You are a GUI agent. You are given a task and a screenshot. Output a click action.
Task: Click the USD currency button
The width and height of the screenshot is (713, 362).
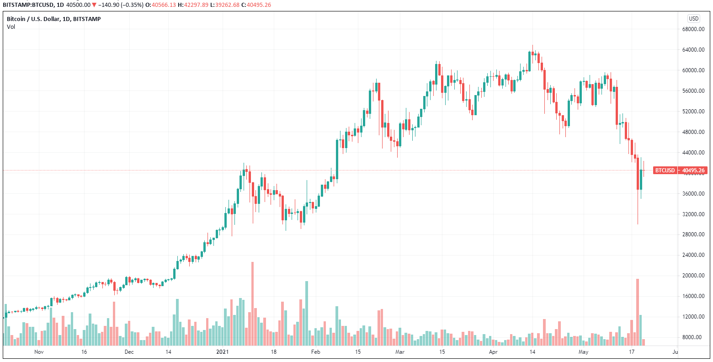tap(693, 19)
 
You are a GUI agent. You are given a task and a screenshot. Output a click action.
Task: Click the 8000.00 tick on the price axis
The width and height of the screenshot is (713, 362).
tap(692, 337)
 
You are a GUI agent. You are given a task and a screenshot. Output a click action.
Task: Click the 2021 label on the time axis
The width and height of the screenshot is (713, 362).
tap(222, 352)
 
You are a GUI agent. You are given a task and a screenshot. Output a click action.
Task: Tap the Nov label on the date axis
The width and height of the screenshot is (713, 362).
tap(39, 352)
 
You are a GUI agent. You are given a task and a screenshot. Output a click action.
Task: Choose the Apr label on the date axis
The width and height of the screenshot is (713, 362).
tap(493, 352)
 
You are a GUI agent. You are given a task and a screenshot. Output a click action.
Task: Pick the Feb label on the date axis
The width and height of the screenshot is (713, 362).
tap(315, 352)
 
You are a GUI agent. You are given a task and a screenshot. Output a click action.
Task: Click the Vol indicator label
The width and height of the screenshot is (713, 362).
tap(11, 27)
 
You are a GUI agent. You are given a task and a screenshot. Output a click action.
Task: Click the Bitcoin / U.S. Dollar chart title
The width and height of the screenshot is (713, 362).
tap(53, 19)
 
